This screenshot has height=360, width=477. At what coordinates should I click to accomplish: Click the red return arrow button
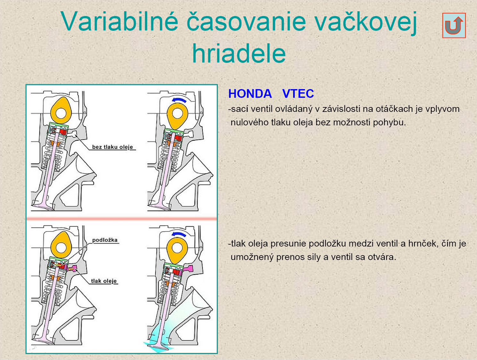point(454,25)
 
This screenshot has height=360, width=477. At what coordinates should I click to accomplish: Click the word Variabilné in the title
point(119,21)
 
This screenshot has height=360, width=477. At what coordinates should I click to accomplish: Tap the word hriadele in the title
point(239,53)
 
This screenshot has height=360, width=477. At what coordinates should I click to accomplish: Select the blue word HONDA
point(250,94)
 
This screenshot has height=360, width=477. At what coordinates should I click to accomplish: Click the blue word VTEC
point(298,94)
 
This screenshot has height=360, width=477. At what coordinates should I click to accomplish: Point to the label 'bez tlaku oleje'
point(112,147)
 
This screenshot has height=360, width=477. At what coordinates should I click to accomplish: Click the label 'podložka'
point(105,240)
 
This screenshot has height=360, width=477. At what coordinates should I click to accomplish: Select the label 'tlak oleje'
point(104,281)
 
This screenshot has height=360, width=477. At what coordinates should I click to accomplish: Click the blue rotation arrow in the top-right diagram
point(179,100)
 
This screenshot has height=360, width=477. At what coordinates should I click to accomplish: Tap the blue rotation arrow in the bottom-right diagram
point(179,234)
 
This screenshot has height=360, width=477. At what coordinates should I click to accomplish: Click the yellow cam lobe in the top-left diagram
point(61,111)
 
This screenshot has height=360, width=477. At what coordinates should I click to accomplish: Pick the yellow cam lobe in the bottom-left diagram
point(61,245)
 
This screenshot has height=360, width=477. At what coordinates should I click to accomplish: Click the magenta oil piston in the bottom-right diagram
point(188,269)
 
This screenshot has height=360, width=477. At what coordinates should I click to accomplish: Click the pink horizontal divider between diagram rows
point(122,219)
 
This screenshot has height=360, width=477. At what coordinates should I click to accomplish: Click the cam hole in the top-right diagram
point(177,113)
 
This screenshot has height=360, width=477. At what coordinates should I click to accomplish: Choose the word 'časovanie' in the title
point(246,21)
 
